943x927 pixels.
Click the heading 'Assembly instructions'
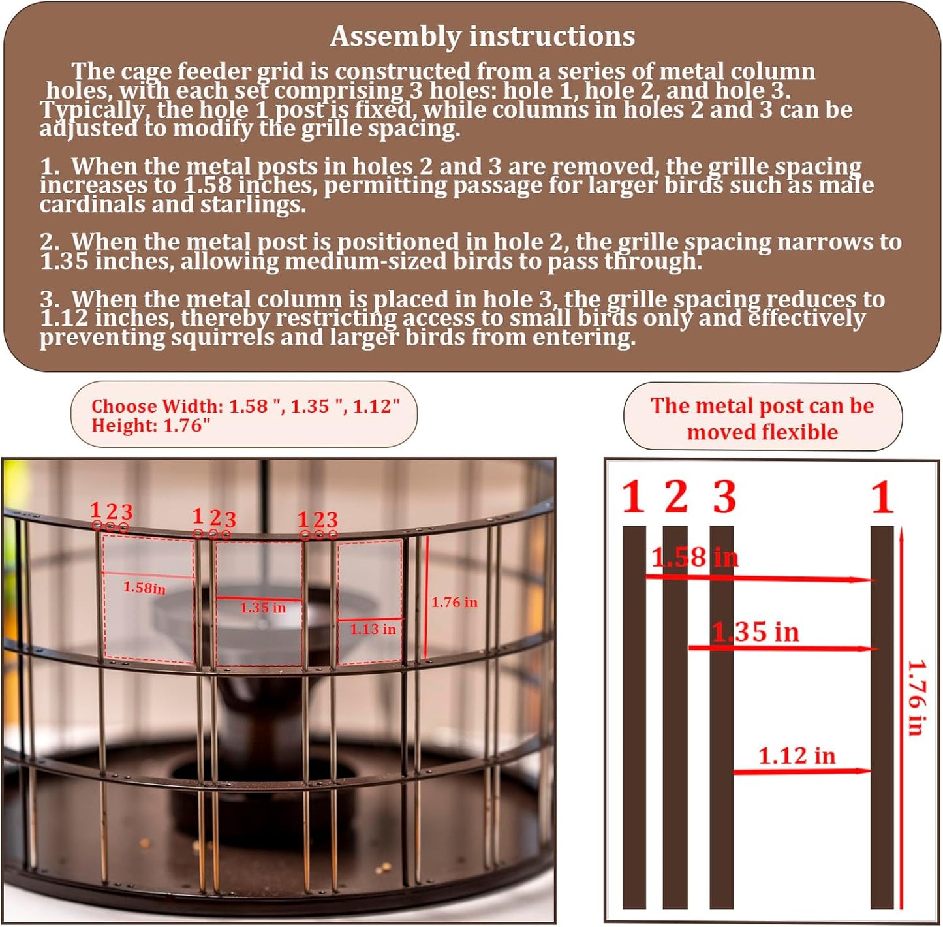point(482,37)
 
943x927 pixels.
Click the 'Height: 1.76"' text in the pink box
point(151,426)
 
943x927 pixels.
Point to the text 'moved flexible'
point(762,432)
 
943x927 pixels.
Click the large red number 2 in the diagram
point(676,497)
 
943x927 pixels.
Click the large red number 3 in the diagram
point(724,497)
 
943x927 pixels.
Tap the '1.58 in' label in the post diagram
point(694,558)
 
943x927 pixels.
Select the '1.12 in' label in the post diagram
point(796,756)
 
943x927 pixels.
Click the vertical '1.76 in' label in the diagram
point(916,697)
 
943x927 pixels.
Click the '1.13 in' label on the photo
point(373,629)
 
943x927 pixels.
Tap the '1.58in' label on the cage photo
point(144,588)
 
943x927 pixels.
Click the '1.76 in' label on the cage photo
point(454,603)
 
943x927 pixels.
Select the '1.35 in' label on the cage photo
point(262,608)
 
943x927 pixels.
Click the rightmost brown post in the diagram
point(882,718)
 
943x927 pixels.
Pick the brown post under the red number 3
point(721,718)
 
